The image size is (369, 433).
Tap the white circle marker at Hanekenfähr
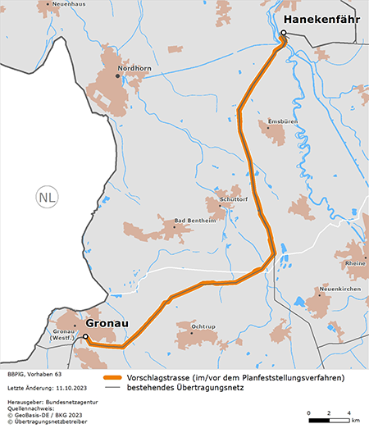pos(283,34)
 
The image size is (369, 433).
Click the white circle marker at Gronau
pos(84,336)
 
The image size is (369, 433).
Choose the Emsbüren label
pos(282,121)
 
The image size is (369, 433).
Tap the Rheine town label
pos(356,263)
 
